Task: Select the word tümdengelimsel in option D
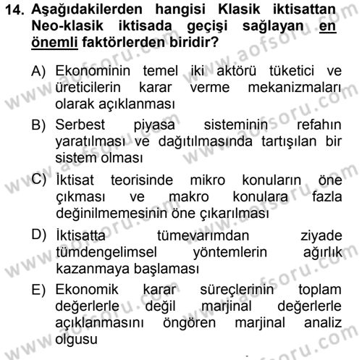[x=104, y=252]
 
